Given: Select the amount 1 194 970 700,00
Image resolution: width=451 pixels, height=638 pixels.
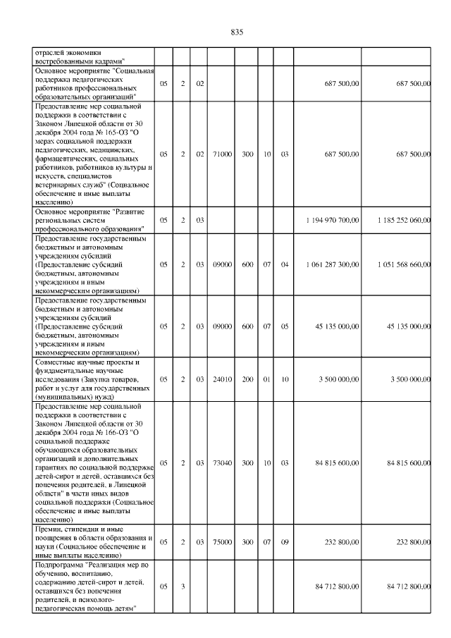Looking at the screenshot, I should pos(333,221).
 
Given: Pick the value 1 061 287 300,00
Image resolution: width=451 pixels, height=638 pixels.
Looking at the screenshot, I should pos(333,264).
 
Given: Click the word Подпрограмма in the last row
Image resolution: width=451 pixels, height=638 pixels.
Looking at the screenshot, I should pos(58,565).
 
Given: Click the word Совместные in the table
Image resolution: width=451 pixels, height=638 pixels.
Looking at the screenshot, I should pos(55,362).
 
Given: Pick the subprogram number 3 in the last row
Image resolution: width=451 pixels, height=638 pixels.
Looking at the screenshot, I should pos(183,587).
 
